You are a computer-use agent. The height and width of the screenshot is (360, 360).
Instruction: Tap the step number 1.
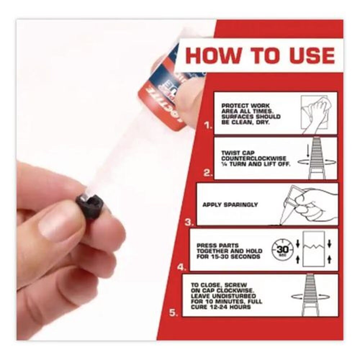pos(208,126)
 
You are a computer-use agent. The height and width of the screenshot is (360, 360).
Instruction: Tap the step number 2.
pos(208,173)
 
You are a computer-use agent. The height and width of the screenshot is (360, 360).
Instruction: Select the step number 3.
pos(190,222)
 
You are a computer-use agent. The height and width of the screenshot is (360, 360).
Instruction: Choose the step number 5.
pos(174,313)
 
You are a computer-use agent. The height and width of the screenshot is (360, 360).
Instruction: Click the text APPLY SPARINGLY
pos(230,204)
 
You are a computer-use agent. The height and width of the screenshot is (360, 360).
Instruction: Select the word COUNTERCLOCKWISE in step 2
pos(254,158)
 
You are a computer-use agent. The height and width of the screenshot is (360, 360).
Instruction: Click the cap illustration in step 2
pos(318,158)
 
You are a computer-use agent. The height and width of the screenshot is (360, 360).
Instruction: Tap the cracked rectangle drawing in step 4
pos(314,249)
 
